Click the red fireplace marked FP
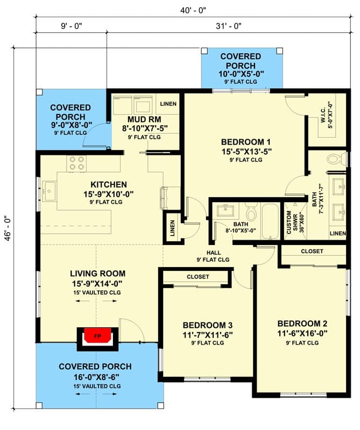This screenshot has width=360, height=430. tap(97, 336)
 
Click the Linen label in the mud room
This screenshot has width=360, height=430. tap(168, 103)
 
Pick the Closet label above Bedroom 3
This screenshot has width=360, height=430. tap(197, 277)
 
